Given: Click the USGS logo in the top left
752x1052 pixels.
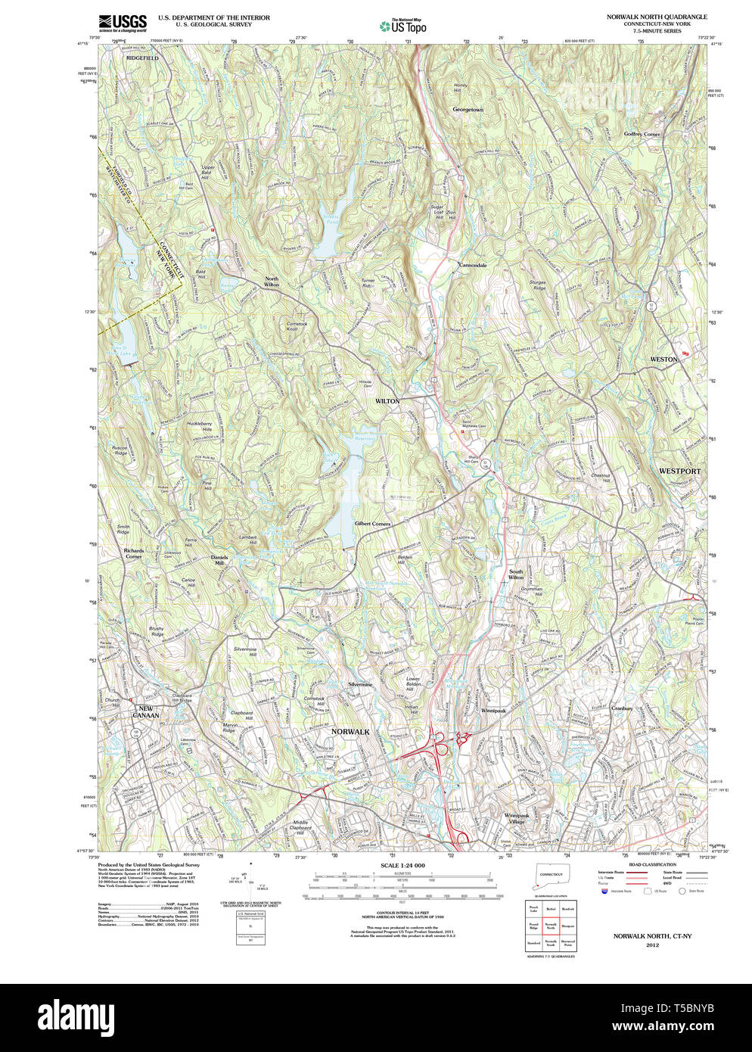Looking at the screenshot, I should click(x=122, y=23).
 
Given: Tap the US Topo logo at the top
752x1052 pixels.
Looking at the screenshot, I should click(x=402, y=26).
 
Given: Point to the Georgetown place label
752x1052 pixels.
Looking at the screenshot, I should click(x=468, y=110).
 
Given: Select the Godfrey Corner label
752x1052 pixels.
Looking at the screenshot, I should click(x=642, y=134).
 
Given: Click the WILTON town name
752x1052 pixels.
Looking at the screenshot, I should click(x=387, y=401).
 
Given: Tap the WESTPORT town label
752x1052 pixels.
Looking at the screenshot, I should click(x=679, y=471).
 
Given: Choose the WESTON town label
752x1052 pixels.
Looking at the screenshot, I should click(x=663, y=359).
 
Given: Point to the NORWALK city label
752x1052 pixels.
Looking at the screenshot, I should click(x=350, y=732).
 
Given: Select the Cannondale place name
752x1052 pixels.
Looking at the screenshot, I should click(x=473, y=266).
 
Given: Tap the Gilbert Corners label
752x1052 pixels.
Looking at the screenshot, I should click(x=372, y=524).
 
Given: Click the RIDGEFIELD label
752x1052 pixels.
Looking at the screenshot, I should click(x=142, y=58).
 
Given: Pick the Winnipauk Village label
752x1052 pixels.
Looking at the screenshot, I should click(x=518, y=818).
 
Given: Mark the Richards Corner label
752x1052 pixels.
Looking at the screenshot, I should click(x=133, y=553).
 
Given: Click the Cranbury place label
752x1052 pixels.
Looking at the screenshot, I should click(x=621, y=709).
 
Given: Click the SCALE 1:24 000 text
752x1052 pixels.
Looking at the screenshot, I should click(x=402, y=865).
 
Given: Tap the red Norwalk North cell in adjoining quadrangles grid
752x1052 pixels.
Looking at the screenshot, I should click(x=551, y=926).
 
